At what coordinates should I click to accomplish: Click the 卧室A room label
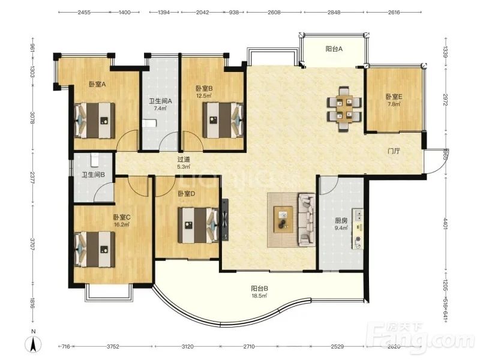coord(97,84)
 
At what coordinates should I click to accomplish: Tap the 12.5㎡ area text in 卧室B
coord(204,95)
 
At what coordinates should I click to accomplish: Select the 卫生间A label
coord(160,101)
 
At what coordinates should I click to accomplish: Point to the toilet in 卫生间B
coord(94,160)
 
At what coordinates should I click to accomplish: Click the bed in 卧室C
coord(95,249)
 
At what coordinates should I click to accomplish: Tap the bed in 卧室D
coord(199,225)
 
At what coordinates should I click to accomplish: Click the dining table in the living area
coord(344,109)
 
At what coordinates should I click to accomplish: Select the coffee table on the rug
coord(283,220)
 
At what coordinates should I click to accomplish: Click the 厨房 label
coord(341,220)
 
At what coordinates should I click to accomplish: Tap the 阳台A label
coord(334,49)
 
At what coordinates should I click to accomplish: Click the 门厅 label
coord(394,151)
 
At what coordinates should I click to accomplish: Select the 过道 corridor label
coord(184,160)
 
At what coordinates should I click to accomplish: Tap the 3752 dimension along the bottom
coord(113,347)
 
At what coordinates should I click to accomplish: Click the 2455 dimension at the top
coord(84,13)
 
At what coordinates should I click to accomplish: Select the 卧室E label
coord(394,97)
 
